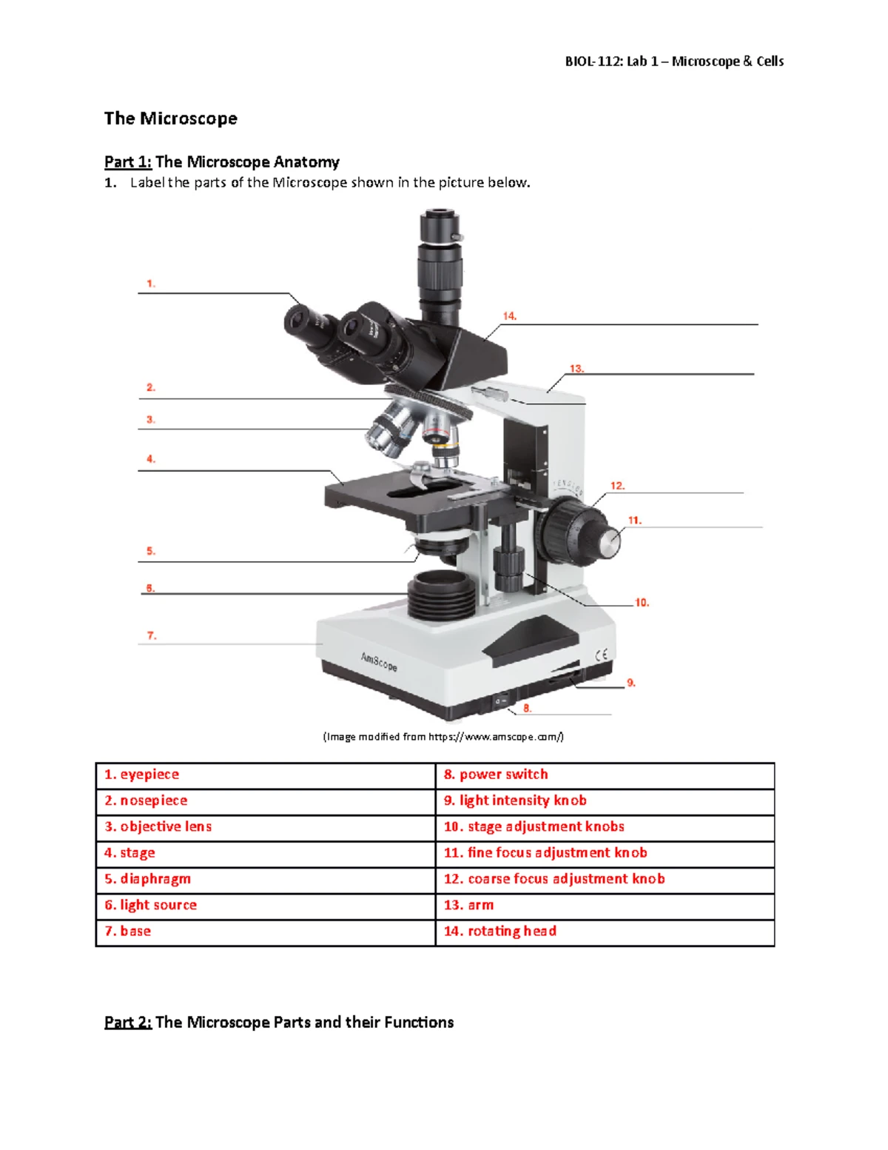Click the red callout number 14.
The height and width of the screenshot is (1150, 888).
(x=509, y=316)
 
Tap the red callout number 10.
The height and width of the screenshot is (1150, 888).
(x=642, y=603)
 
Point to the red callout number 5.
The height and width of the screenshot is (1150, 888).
(x=151, y=551)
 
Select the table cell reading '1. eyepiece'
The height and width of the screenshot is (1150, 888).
(x=266, y=775)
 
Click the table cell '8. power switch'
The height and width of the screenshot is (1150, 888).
(x=605, y=775)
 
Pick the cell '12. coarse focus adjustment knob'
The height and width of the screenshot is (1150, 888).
(x=605, y=879)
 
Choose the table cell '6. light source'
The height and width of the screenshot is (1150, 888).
(x=266, y=905)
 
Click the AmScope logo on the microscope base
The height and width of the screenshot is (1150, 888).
(x=379, y=662)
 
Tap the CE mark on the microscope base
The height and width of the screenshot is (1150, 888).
(x=602, y=655)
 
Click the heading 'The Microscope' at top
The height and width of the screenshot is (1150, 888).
(x=171, y=118)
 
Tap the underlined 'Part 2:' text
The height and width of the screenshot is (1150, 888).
(x=128, y=1022)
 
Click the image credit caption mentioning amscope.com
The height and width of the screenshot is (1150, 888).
(x=443, y=737)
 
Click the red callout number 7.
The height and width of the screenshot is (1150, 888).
(x=152, y=635)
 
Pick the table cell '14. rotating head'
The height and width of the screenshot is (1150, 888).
(x=605, y=932)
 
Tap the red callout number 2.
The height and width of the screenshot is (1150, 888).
(x=151, y=387)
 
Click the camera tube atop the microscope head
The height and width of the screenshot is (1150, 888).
(x=440, y=264)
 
